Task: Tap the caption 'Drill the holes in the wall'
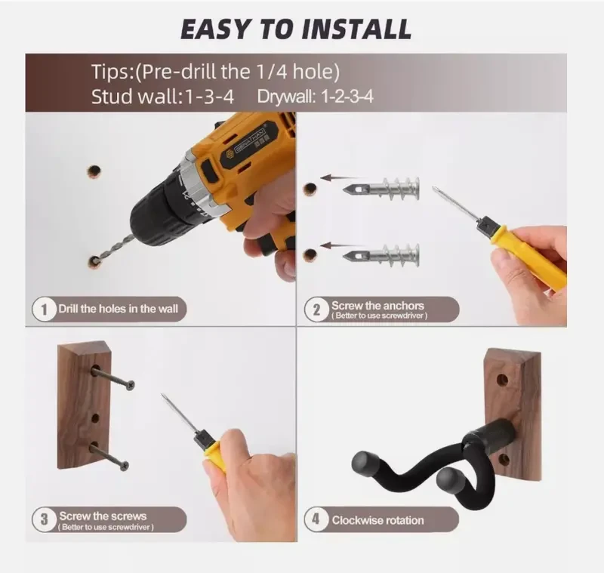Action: pos(119,309)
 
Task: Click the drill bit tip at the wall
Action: pos(97,259)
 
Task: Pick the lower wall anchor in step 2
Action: pos(382,252)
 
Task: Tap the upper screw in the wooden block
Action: pos(113,377)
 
